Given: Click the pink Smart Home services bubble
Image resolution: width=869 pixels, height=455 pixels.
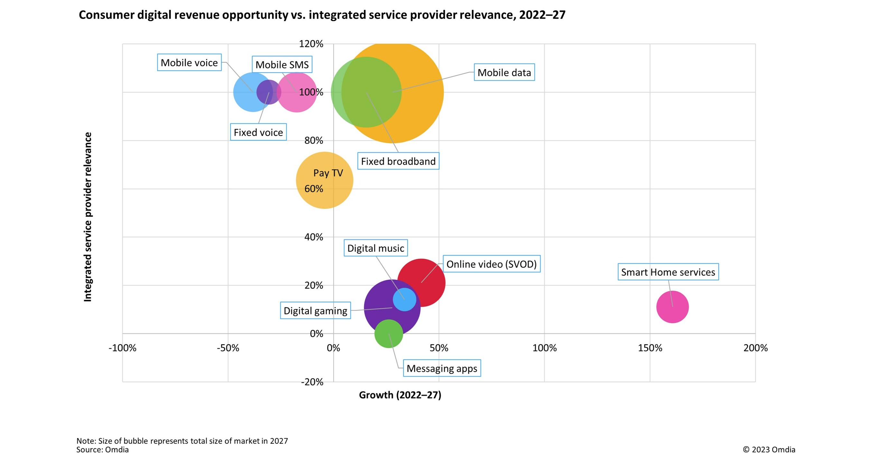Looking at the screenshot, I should (672, 307).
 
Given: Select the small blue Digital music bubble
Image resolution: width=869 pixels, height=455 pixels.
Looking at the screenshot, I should (405, 299).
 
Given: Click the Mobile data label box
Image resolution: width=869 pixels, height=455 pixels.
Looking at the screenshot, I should (504, 72).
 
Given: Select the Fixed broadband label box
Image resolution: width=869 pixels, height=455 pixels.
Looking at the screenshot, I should (398, 161).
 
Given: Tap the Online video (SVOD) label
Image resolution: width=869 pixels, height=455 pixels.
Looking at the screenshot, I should (491, 264).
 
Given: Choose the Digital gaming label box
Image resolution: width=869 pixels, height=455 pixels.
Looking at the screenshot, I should (315, 310).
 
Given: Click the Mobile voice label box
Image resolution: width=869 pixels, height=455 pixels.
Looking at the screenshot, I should (189, 62).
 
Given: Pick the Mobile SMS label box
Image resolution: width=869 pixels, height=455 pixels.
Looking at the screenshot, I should (282, 64).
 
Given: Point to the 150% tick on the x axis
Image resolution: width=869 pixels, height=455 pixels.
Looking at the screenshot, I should (650, 348).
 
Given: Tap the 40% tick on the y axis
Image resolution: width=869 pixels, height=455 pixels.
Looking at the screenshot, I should (313, 237).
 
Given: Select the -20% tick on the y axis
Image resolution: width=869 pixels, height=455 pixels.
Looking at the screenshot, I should (312, 382).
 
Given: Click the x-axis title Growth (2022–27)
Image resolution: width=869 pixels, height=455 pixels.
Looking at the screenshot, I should (400, 395).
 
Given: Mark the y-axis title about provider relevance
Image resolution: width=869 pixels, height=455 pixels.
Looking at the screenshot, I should (88, 217).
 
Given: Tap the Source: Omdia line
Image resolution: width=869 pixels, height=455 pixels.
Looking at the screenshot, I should (102, 450).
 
